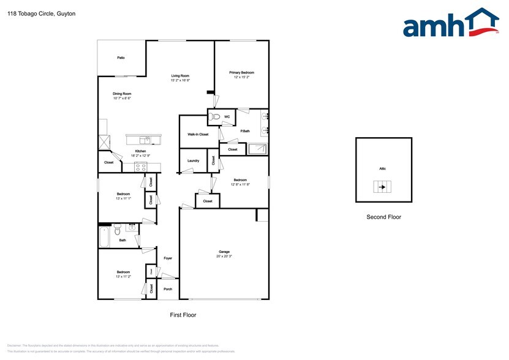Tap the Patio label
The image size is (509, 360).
[121, 58]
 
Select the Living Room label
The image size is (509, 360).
[180, 76]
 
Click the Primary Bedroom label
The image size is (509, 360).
[241, 72]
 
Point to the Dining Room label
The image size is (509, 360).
[122, 94]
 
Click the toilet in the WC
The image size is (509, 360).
[214, 116]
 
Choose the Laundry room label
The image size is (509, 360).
[193, 161]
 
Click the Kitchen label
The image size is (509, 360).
[140, 151]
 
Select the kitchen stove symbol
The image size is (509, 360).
[141, 166]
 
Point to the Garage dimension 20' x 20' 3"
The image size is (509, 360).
[224, 256]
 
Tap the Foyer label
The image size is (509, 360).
[167, 258]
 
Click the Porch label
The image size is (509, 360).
[167, 290]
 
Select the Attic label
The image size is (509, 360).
[382, 168]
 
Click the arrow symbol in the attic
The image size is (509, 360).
[382, 187]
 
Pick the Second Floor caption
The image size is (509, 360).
[383, 217]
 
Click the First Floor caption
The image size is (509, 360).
[183, 315]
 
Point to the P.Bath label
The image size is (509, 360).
[244, 130]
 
